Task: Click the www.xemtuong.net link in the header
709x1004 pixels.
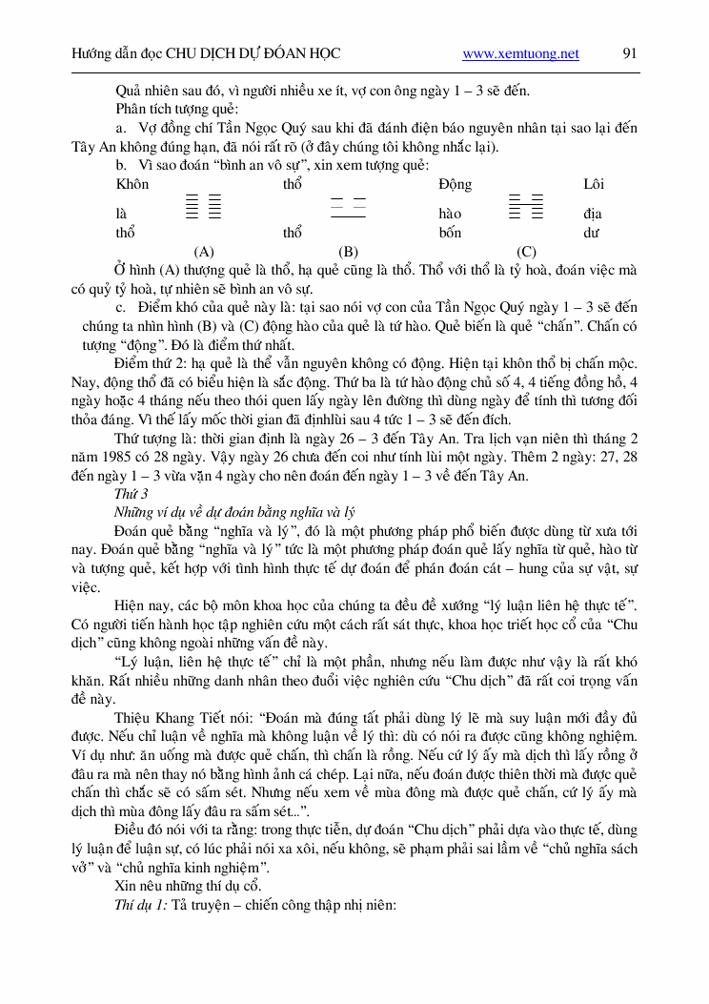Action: (x=520, y=54)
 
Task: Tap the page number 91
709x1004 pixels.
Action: (x=629, y=53)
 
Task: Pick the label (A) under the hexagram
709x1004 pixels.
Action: (x=203, y=252)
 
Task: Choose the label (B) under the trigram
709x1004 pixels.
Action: (x=348, y=252)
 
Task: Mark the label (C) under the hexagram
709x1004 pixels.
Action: (x=526, y=252)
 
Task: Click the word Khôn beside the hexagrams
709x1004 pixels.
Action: (x=132, y=184)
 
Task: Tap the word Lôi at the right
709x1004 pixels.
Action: (x=593, y=184)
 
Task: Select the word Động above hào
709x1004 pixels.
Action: (x=455, y=184)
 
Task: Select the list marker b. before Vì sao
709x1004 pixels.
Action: (x=121, y=165)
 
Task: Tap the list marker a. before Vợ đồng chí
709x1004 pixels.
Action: (x=121, y=128)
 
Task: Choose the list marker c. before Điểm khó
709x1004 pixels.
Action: (x=121, y=307)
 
